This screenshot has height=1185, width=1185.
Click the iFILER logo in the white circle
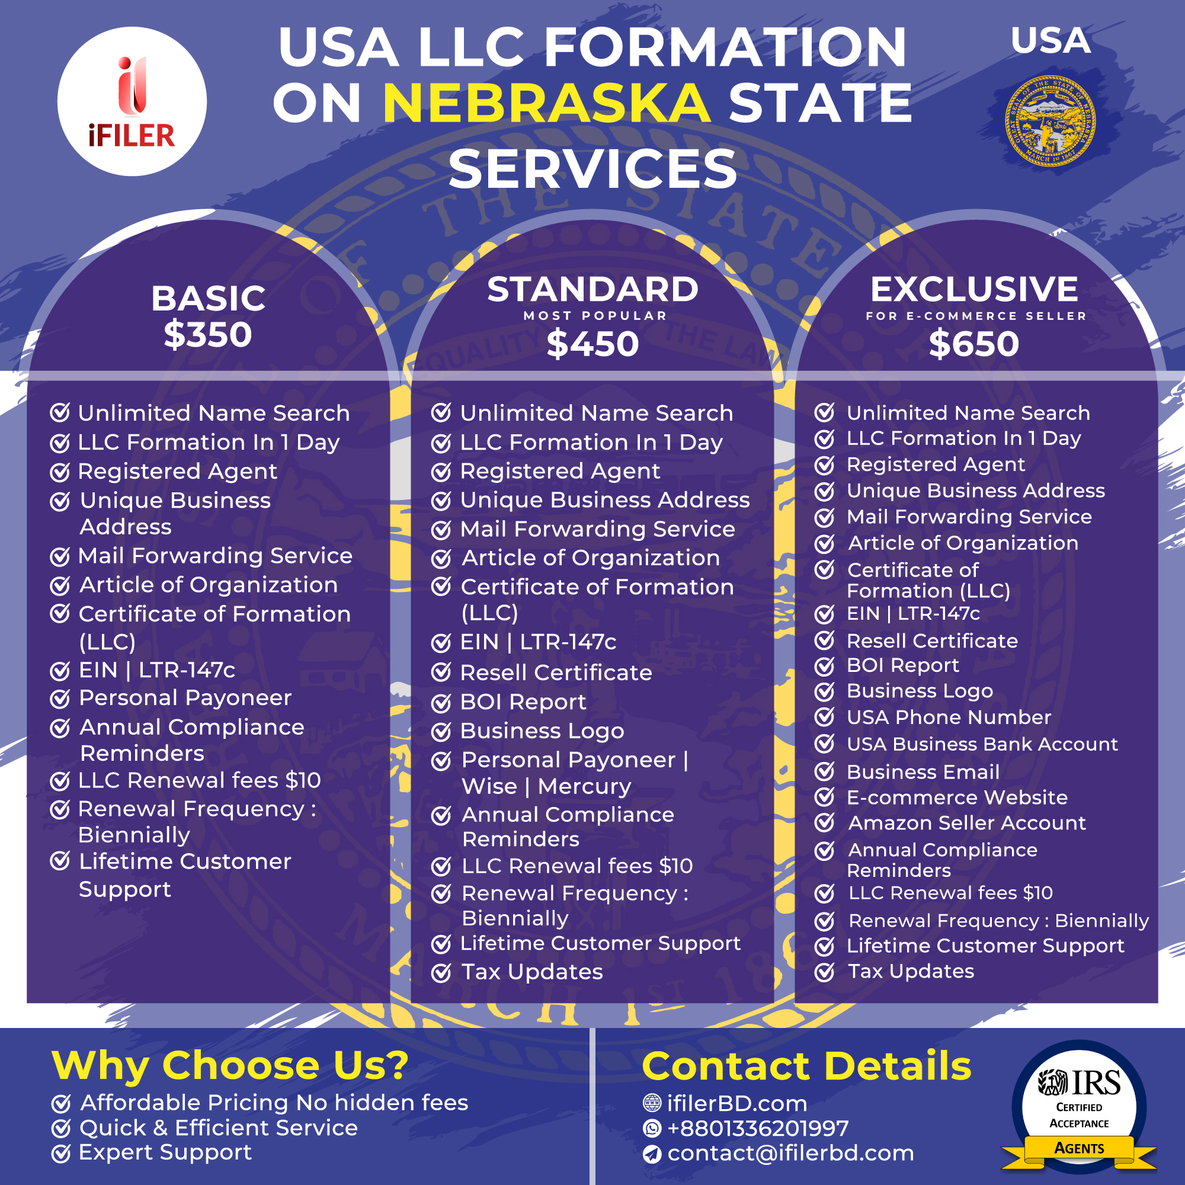point(132,101)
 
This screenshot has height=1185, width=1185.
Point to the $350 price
point(208,335)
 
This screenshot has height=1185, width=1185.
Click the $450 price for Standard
point(592,344)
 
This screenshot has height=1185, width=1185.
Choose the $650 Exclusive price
point(974,344)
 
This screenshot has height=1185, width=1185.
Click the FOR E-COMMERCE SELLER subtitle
point(976,316)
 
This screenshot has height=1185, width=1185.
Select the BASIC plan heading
point(208,299)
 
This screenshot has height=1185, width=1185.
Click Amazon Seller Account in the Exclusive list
point(966,823)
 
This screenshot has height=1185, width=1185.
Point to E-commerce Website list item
point(957,798)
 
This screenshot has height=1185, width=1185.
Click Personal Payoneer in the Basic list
point(185,698)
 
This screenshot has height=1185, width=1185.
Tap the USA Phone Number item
point(949,717)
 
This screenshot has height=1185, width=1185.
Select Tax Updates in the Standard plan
point(532,972)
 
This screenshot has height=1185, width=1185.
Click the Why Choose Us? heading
point(230,1065)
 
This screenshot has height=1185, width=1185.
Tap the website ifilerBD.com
point(736,1103)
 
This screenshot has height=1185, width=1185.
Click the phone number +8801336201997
point(757,1129)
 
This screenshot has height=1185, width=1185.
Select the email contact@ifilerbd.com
point(790,1154)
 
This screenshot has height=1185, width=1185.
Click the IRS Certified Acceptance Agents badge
point(1079,1107)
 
